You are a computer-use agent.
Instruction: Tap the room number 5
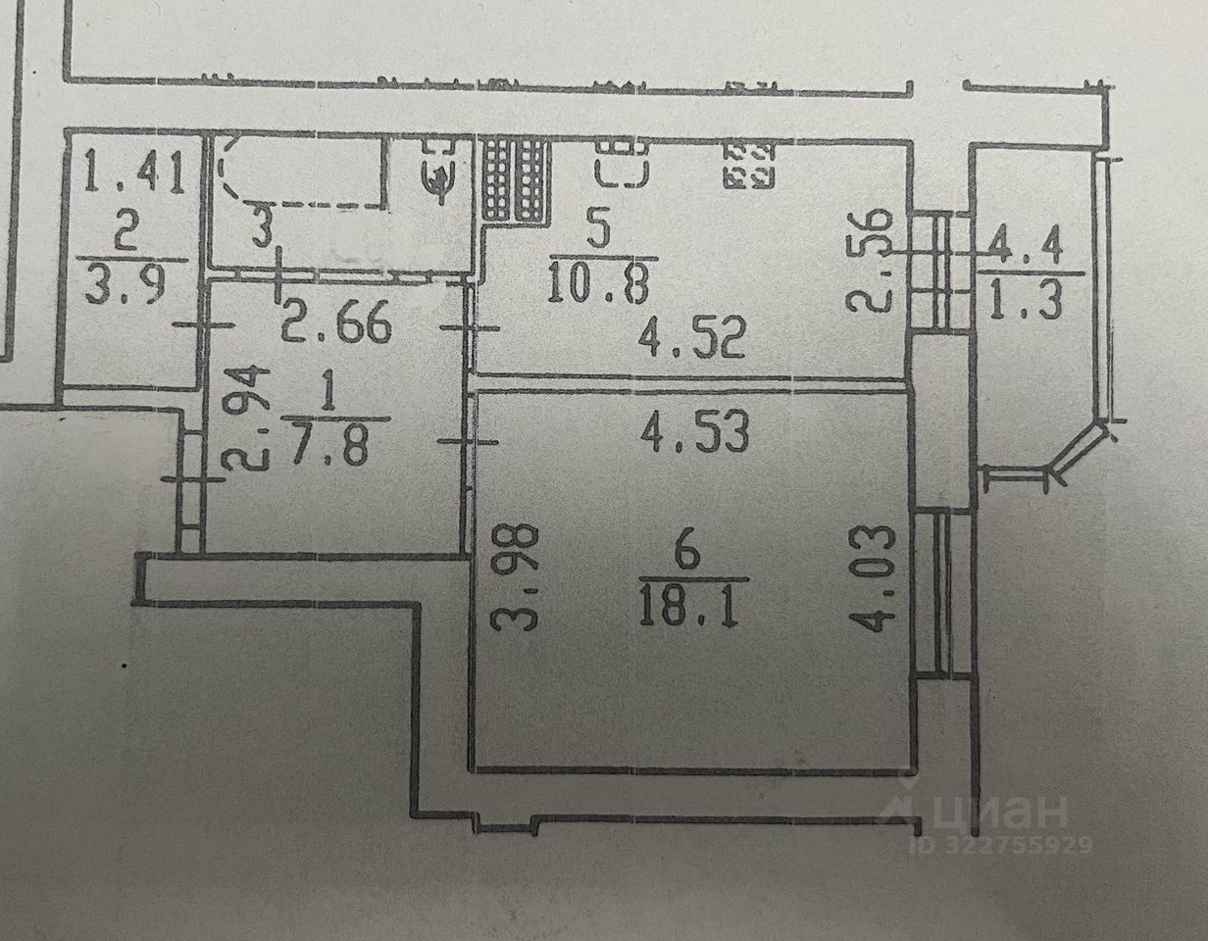click(600, 232)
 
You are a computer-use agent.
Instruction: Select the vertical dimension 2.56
click(873, 259)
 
